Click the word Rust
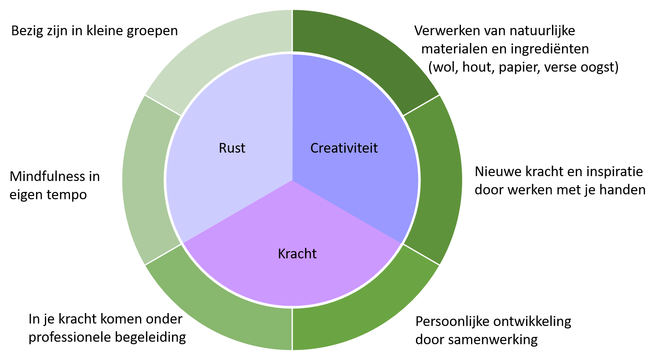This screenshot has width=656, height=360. click(232, 148)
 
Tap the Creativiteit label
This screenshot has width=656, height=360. click(344, 148)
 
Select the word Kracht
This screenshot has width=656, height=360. click(297, 254)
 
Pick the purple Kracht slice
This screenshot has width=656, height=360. click(292, 279)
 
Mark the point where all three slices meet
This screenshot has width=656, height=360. click(292, 180)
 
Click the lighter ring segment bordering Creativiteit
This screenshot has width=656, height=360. click(442, 180)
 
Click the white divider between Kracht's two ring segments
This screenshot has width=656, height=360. click(292, 329)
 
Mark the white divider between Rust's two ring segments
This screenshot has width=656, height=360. click(163, 106)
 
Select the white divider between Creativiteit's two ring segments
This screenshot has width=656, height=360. click(421, 106)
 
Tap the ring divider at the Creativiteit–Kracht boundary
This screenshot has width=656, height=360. click(421, 255)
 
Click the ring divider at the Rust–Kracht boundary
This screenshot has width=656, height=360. click(163, 255)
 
